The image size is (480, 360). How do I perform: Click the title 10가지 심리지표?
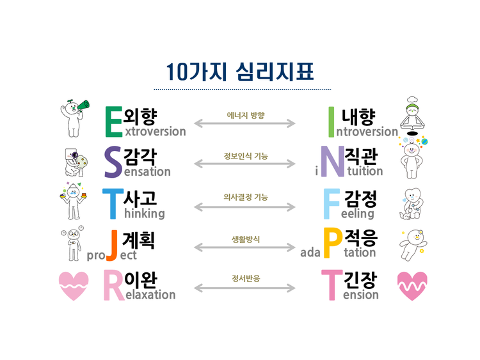point(239,71)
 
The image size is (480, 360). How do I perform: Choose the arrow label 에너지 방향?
point(245,116)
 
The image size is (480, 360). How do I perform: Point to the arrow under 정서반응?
point(245,288)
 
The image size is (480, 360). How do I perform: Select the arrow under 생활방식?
point(245,247)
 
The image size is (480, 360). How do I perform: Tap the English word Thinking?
point(140,214)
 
